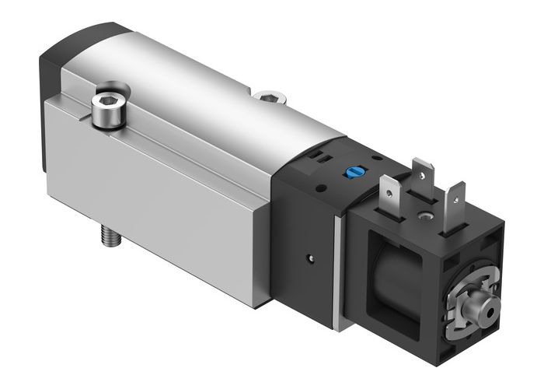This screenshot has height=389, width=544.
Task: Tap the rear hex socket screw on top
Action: pos(267,97)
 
